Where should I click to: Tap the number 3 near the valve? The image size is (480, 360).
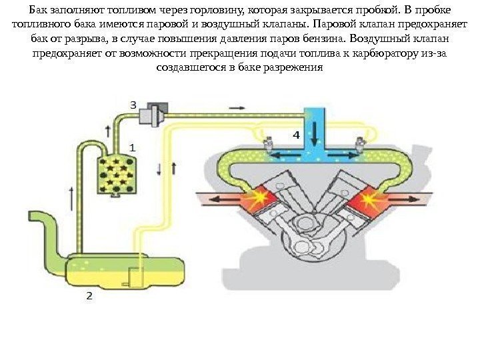click(133, 105)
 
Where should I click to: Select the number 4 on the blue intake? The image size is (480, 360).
click(296, 134)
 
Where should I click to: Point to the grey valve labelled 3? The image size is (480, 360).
click(156, 113)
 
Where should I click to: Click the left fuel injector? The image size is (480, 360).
click(269, 144)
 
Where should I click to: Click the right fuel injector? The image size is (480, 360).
click(360, 144)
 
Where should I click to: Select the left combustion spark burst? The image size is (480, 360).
click(256, 199)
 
